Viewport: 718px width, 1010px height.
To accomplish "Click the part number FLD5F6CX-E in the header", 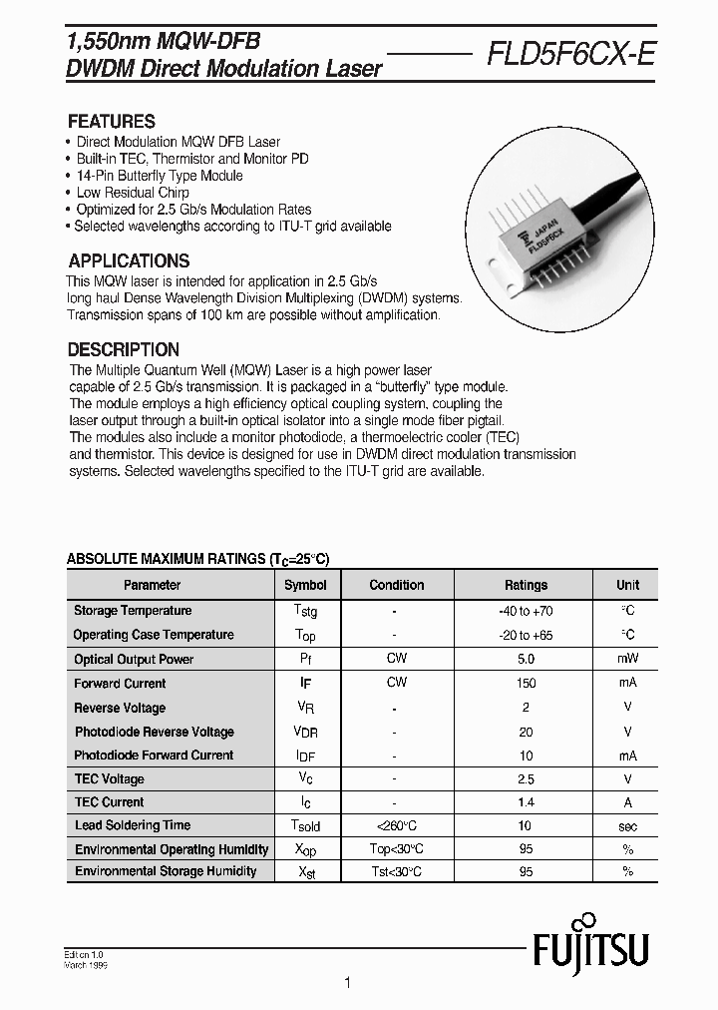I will coord(570,56).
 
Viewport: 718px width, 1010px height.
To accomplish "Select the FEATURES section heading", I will coord(111,122).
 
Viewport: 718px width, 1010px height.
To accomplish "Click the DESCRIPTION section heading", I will coord(123,350).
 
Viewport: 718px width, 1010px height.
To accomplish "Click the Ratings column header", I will coord(526,585).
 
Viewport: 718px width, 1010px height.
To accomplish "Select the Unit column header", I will coord(627,585).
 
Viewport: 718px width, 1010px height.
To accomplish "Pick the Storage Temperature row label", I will coord(133,611).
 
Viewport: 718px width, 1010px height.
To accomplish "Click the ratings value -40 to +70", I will coord(526,611).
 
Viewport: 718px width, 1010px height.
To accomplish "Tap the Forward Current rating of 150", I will coord(526,684).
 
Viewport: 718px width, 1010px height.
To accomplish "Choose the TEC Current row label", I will coord(109,802).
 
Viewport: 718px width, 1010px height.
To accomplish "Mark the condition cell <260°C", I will coord(396,825).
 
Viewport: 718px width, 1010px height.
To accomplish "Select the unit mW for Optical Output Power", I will coord(627,659).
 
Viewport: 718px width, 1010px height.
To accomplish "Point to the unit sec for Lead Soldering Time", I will coord(627,825).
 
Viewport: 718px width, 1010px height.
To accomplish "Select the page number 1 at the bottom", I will coord(347,984).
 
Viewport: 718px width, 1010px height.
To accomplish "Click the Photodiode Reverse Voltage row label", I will coord(154,732).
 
